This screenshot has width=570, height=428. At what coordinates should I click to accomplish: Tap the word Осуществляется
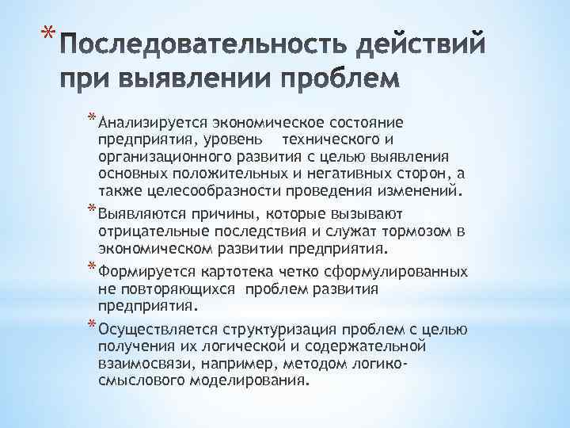152,328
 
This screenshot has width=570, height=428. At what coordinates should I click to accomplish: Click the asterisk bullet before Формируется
92,267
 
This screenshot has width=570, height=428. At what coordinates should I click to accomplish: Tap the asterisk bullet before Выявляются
92,209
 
